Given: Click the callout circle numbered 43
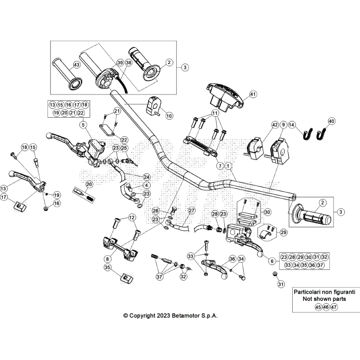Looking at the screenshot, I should (77, 64).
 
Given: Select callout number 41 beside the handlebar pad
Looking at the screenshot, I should (252, 94).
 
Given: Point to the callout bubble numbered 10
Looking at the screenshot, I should (169, 116).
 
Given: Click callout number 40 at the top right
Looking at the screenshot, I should (331, 121).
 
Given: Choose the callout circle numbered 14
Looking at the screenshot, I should (292, 125).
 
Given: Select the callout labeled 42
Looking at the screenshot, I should (275, 125).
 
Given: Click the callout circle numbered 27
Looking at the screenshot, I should (191, 211).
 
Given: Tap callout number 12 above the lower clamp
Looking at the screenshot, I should (132, 218).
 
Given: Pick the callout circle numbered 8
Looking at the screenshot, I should (107, 259).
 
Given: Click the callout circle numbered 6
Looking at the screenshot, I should (272, 261).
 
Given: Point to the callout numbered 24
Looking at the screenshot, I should (147, 177).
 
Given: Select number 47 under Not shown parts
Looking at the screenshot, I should (334, 307).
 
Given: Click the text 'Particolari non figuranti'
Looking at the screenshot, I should (325, 293).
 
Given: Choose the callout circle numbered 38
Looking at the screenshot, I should (128, 63).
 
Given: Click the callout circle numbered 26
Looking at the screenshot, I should (156, 211).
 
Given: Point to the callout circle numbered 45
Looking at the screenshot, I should (318, 307).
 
